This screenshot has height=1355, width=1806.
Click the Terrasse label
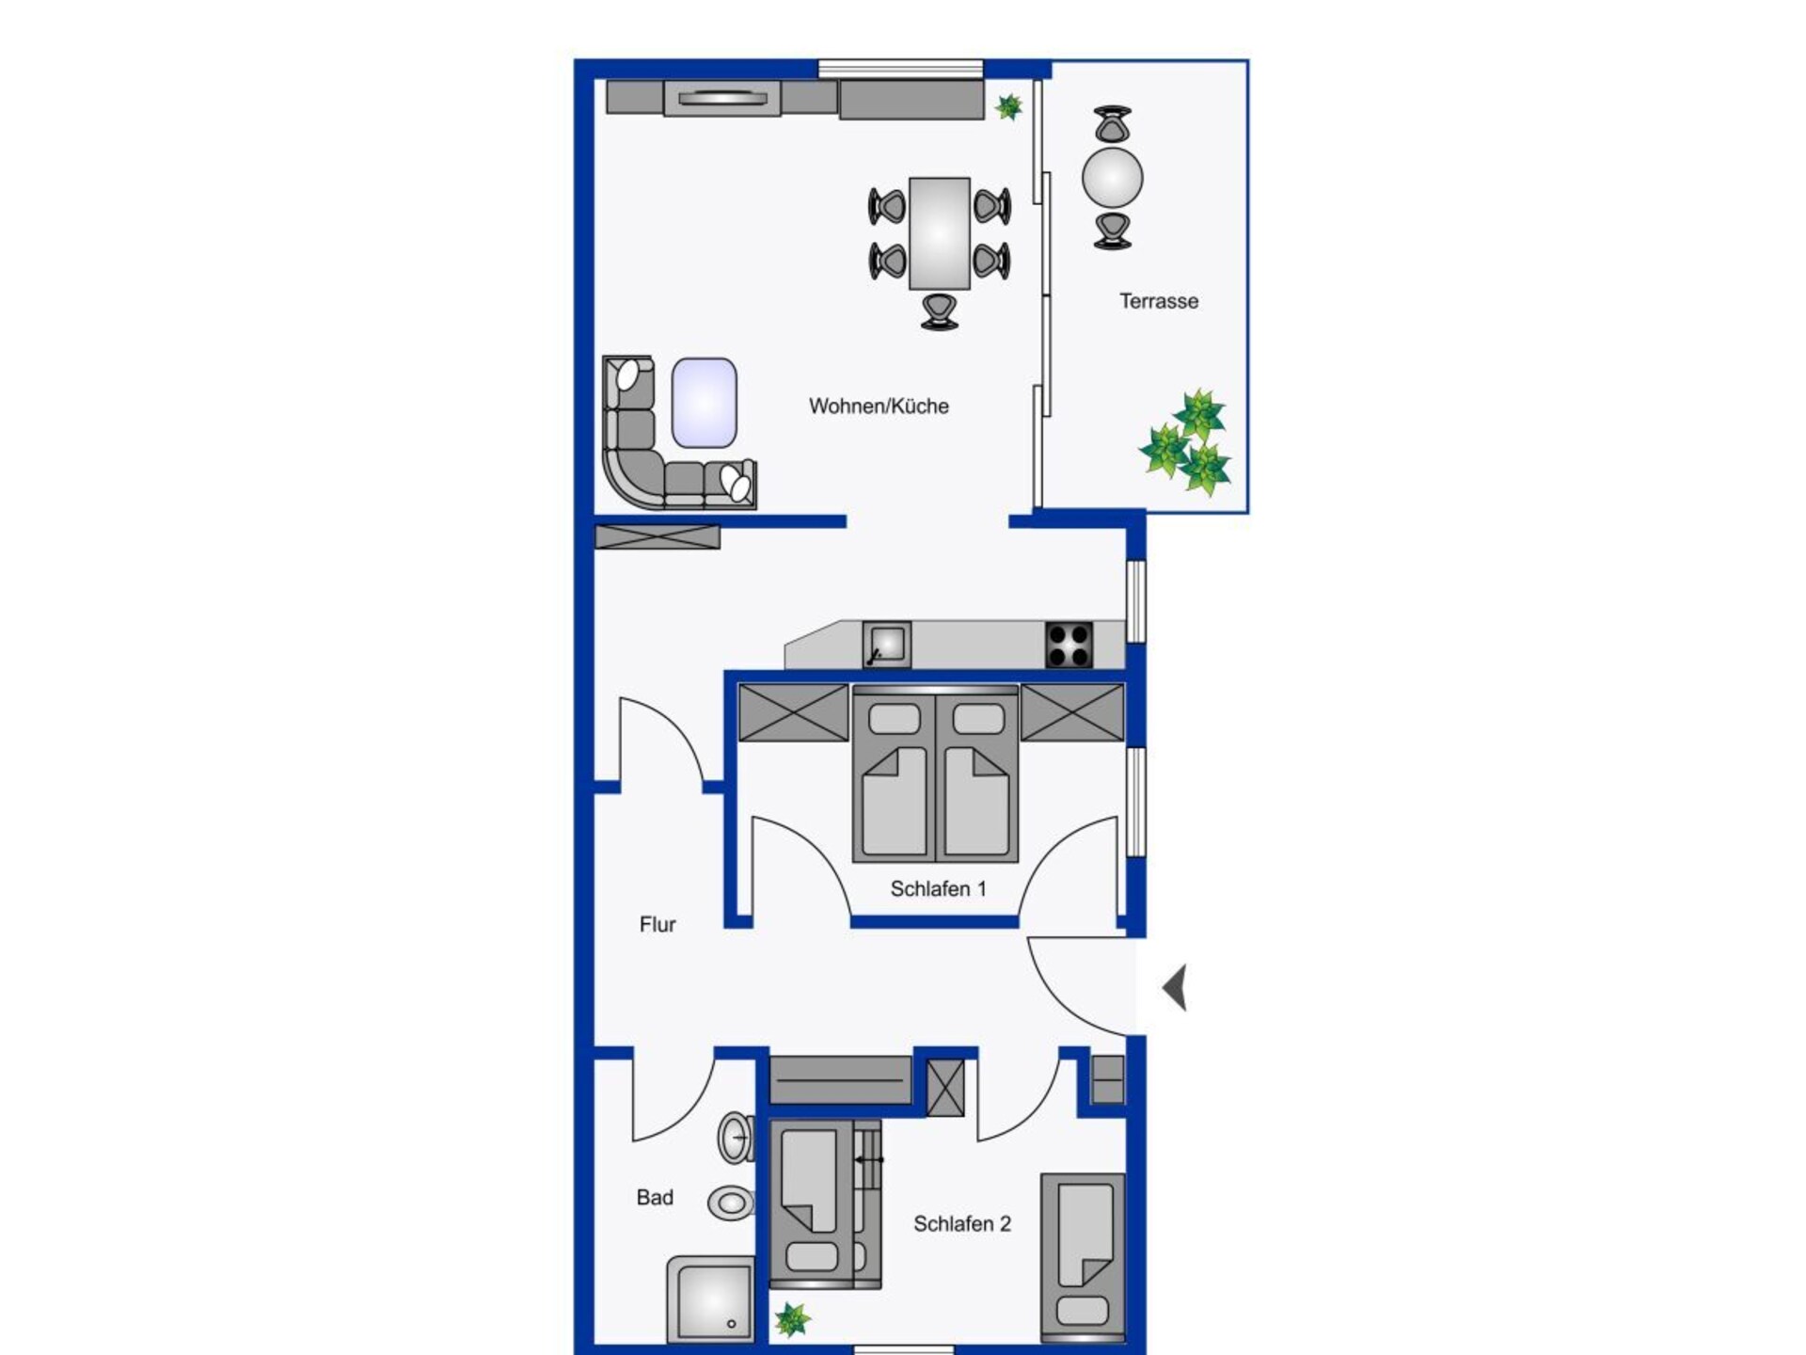point(1159,301)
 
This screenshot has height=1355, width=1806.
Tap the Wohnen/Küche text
point(879,406)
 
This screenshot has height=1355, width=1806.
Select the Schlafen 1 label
point(938,888)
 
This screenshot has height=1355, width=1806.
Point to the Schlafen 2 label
point(962,1223)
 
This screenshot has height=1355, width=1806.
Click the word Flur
point(657,925)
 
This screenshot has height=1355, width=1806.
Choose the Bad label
point(655,1198)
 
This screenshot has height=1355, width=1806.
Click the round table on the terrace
point(1113,177)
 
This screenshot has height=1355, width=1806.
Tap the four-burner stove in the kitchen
point(1069,646)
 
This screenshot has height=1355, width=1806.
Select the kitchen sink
point(887,645)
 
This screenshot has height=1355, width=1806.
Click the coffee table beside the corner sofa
point(704,403)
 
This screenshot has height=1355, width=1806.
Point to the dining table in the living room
point(939,233)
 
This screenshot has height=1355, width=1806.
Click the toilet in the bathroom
point(732,1202)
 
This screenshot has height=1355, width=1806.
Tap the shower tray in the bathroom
point(710,1299)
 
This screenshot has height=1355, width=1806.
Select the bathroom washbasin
point(737,1138)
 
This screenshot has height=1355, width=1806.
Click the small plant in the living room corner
point(1008,107)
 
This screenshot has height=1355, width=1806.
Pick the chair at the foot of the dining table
point(939,311)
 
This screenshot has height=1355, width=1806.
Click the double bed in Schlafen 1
point(935,773)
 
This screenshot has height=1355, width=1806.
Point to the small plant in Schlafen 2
point(792,1320)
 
